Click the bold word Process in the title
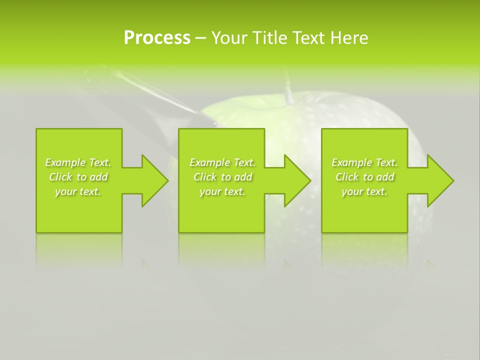click(157, 38)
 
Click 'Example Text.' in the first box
click(78, 162)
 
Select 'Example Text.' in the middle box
click(222, 162)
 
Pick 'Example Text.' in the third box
click(364, 162)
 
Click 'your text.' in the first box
click(78, 191)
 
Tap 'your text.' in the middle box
click(222, 191)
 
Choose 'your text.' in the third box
click(364, 191)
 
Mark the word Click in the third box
click(347, 177)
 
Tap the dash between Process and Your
click(200, 38)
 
